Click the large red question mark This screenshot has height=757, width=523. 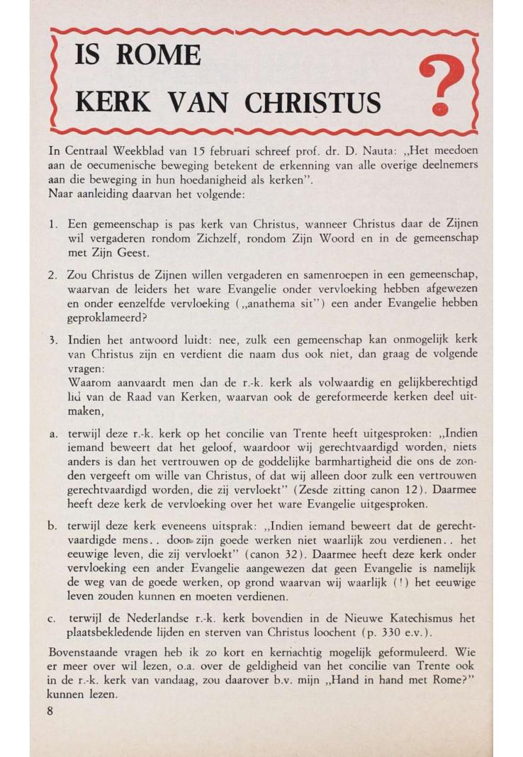(x=441, y=86)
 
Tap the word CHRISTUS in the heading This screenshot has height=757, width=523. (x=312, y=103)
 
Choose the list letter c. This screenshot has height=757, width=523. (x=52, y=619)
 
